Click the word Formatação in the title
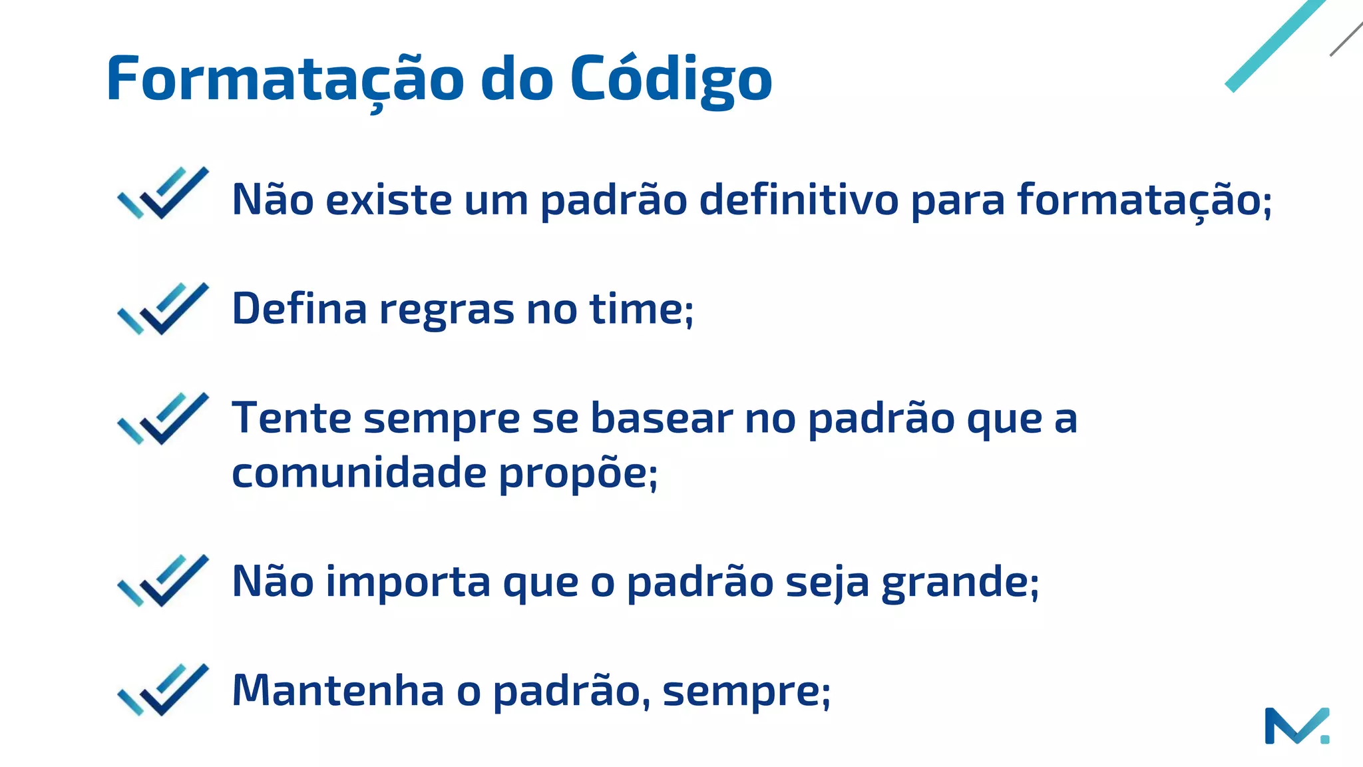[x=285, y=80]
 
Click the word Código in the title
[x=671, y=80]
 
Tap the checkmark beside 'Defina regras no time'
[x=163, y=308]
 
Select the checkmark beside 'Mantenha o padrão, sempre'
[x=163, y=690]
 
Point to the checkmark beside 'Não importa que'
[x=163, y=581]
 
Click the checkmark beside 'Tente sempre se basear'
[x=163, y=418]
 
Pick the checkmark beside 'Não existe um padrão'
[x=163, y=193]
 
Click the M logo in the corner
[x=1296, y=726]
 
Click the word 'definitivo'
[x=799, y=199]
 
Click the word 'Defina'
[x=299, y=309]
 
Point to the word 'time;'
[x=642, y=310]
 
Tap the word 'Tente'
[x=292, y=418]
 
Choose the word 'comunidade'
[x=359, y=473]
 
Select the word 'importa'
[x=408, y=582]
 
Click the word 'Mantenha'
[x=338, y=690]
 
